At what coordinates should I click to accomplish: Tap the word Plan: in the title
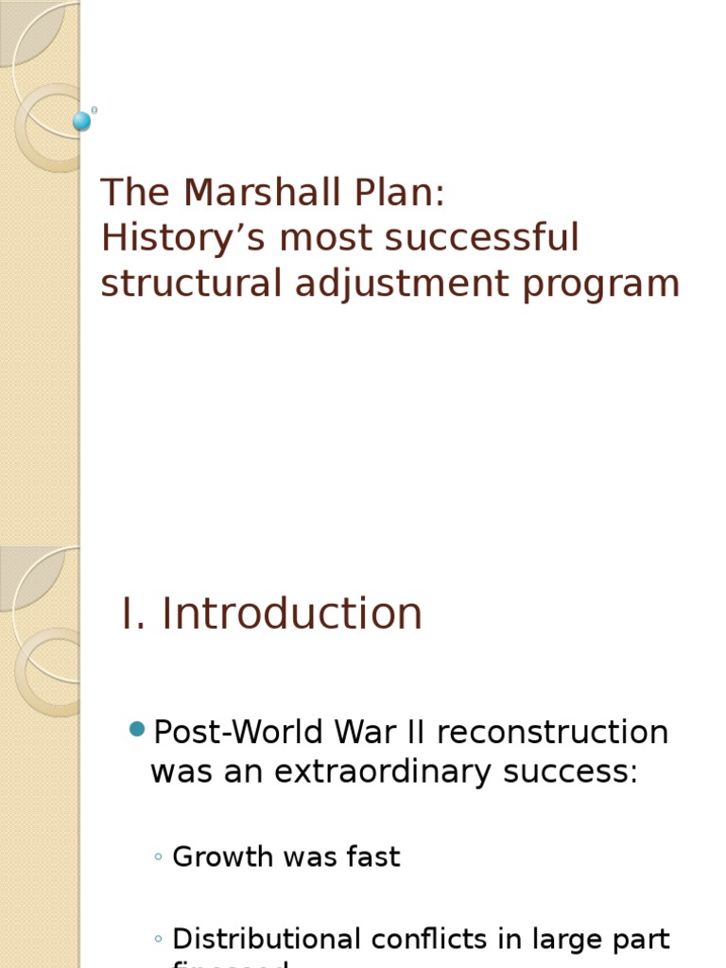pyautogui.click(x=402, y=193)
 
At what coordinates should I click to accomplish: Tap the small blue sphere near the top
pyautogui.click(x=82, y=121)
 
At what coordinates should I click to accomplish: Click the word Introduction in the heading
pyautogui.click(x=292, y=614)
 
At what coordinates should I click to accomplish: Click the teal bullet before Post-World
pyautogui.click(x=136, y=729)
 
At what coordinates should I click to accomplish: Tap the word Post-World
pyautogui.click(x=235, y=732)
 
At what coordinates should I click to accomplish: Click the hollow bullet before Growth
pyautogui.click(x=158, y=857)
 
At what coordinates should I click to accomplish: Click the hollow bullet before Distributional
pyautogui.click(x=158, y=940)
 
